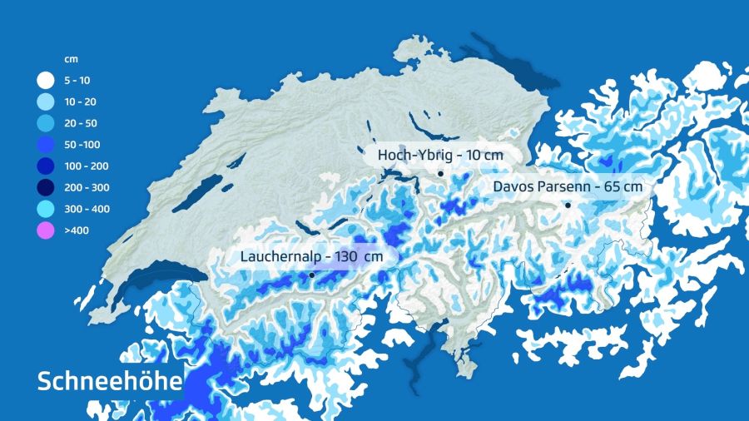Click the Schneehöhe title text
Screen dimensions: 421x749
110,382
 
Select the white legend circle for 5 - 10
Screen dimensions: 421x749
45,82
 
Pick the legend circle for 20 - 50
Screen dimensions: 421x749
45,124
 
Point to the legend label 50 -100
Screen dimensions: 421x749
82,146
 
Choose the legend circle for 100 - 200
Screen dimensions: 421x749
45,166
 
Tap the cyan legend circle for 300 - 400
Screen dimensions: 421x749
45,209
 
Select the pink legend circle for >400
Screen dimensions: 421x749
45,230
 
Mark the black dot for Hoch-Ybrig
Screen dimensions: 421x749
440,173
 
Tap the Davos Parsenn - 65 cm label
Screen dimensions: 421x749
568,187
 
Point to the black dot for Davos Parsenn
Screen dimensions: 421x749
568,205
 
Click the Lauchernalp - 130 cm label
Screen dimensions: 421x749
311,257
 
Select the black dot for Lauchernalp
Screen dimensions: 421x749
311,275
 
